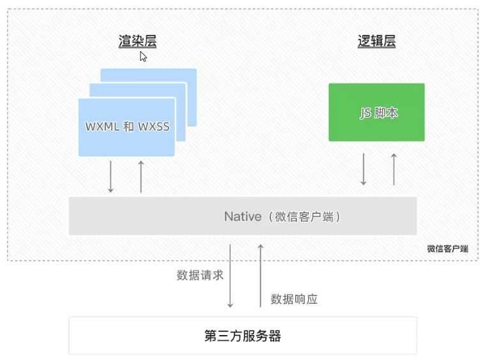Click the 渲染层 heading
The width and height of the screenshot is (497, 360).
click(x=137, y=41)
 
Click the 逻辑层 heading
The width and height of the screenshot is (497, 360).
click(x=376, y=41)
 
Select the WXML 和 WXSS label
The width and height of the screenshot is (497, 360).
click(x=128, y=126)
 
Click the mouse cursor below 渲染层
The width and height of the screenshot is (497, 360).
click(x=144, y=57)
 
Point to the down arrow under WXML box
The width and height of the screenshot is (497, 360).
click(x=110, y=176)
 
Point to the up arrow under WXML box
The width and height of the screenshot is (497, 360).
click(x=141, y=176)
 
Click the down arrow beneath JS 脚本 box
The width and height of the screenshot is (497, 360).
click(x=364, y=169)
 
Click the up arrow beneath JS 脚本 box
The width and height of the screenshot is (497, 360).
click(x=394, y=169)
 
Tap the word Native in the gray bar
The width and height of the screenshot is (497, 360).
click(x=242, y=216)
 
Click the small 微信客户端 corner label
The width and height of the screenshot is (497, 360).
click(x=447, y=249)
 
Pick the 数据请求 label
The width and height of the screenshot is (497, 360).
click(x=200, y=276)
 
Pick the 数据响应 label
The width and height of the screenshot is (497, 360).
click(x=294, y=299)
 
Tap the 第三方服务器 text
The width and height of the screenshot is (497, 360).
click(x=242, y=336)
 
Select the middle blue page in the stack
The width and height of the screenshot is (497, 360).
click(x=181, y=89)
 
